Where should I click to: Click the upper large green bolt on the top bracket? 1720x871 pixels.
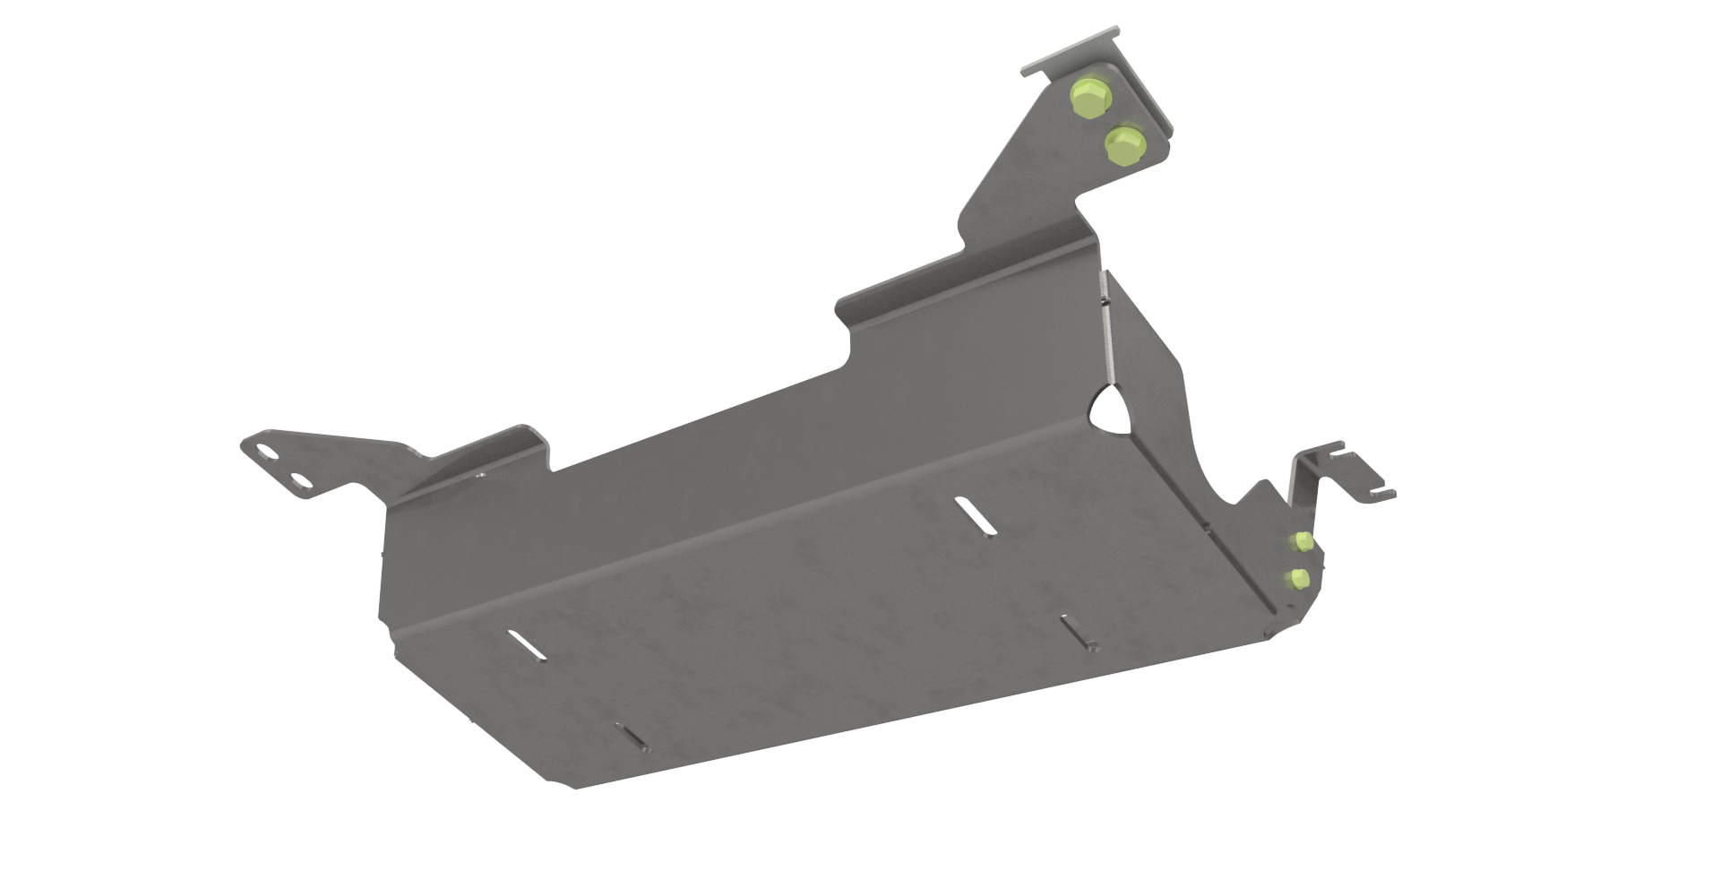coord(1088,100)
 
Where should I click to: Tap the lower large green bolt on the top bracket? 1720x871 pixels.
coord(1124,145)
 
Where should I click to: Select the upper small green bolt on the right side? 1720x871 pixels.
coord(1303,540)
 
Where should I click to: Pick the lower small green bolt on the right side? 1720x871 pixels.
coord(1299,578)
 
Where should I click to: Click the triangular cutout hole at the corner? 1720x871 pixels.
coord(1111,410)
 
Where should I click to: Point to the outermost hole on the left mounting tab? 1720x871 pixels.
coord(266,451)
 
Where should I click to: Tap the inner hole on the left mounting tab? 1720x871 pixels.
coord(303,482)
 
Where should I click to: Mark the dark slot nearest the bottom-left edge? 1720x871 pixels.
coord(634,736)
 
